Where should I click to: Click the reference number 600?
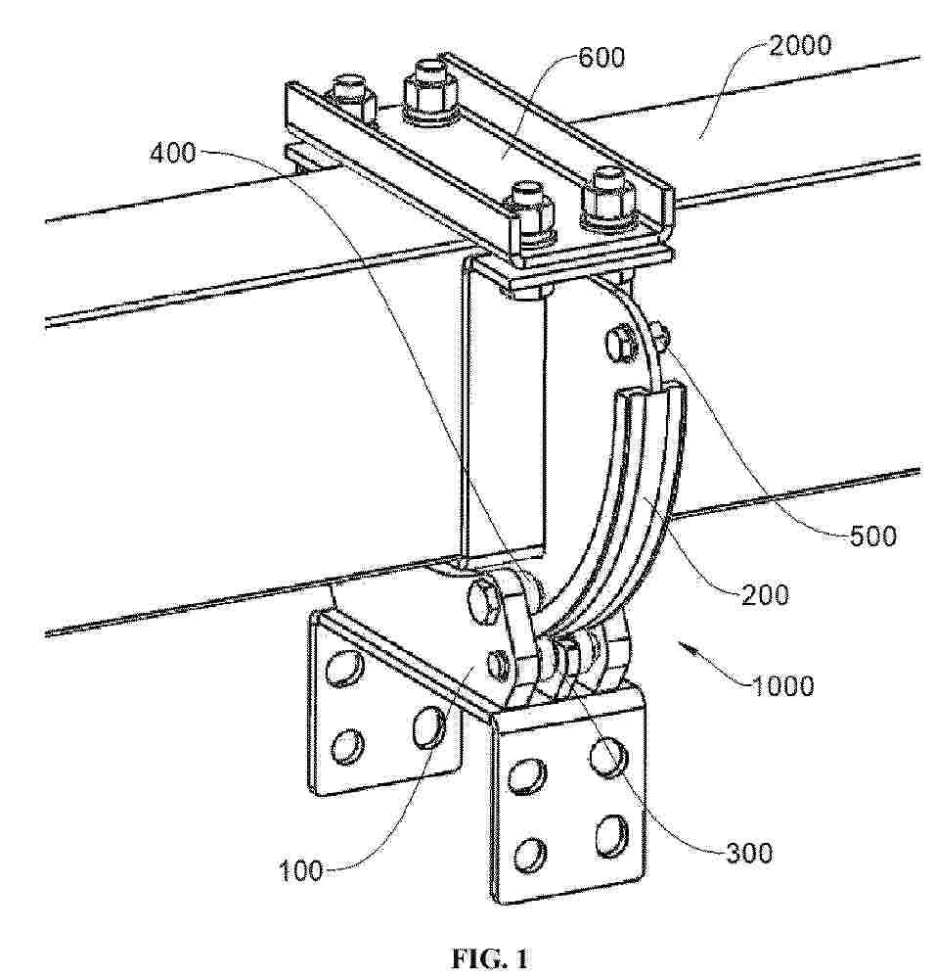tap(601, 58)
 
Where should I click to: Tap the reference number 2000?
tap(800, 46)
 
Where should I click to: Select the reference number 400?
tap(173, 153)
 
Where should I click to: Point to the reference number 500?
tap(873, 536)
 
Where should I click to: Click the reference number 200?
tap(766, 594)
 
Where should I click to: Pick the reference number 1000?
tap(782, 686)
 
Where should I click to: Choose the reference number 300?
tap(749, 853)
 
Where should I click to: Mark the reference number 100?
tap(300, 870)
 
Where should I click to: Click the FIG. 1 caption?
tap(490, 957)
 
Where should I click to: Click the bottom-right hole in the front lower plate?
tap(610, 835)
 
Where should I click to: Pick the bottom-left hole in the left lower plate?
tap(347, 745)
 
